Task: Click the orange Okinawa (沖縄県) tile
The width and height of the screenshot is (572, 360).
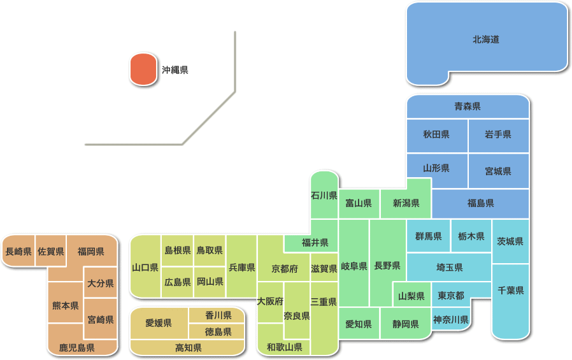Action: (143, 69)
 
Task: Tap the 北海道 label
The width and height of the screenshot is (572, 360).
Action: (486, 40)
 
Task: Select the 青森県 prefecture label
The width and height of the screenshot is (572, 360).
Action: (468, 106)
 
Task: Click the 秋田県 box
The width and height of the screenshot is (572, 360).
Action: (436, 134)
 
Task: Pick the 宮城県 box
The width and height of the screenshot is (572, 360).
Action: (498, 171)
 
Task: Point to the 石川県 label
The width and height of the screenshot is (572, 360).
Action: (324, 195)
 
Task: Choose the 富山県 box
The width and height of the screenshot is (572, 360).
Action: (359, 203)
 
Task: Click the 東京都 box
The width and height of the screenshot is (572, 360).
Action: (451, 296)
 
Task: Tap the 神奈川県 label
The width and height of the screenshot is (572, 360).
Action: (451, 319)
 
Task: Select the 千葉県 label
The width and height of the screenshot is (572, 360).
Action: (511, 291)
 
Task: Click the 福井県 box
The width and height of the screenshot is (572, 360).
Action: (315, 243)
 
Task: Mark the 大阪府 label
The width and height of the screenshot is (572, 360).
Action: (270, 301)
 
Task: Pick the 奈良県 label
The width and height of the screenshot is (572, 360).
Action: (297, 316)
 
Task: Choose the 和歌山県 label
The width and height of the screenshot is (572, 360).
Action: (284, 347)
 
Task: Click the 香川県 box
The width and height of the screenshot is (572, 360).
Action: (218, 315)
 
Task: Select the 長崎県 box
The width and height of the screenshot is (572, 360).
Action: (18, 252)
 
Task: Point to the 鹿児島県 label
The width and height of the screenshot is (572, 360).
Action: (77, 348)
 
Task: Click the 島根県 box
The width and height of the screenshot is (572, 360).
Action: (178, 250)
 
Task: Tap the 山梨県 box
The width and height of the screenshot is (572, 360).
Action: (411, 296)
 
